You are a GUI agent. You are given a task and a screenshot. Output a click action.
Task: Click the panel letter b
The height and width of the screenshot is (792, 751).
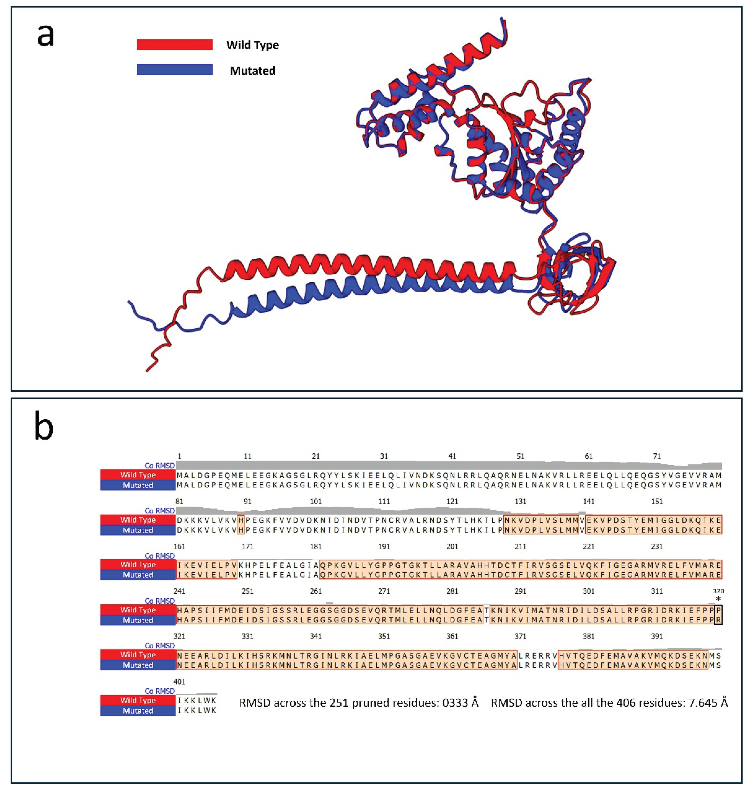[44, 428]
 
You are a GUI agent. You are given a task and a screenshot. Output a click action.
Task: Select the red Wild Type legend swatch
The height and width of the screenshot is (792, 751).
[175, 44]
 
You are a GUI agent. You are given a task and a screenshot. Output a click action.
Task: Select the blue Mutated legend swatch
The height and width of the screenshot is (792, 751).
[175, 70]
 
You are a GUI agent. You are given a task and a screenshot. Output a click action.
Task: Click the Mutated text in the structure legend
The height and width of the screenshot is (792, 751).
[253, 71]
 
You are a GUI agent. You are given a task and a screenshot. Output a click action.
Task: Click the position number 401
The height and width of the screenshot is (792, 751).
[179, 682]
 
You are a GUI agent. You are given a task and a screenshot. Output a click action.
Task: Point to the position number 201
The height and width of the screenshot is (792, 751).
[452, 547]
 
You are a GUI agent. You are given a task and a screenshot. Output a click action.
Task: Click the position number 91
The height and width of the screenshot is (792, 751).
[248, 501]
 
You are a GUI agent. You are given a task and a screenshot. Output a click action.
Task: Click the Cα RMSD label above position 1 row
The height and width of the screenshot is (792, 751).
[159, 466]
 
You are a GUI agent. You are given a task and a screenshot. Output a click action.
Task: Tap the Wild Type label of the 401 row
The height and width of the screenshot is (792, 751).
[138, 700]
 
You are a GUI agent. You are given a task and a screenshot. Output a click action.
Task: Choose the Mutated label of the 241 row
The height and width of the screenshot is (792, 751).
[138, 620]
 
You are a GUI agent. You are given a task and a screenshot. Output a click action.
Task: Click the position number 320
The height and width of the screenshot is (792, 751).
[718, 591]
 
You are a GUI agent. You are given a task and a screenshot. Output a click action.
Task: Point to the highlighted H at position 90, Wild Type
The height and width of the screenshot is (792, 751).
[241, 520]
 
